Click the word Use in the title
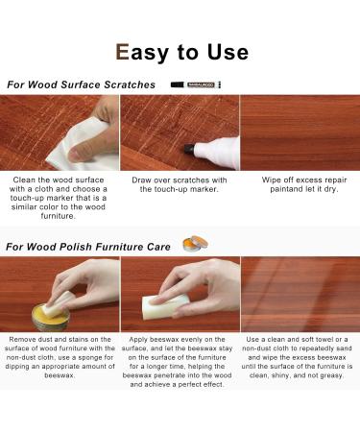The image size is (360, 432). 225,52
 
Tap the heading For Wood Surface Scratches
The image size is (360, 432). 82,84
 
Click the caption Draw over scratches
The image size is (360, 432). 180,184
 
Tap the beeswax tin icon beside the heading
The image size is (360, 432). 195,244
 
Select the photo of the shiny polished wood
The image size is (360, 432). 300,294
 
